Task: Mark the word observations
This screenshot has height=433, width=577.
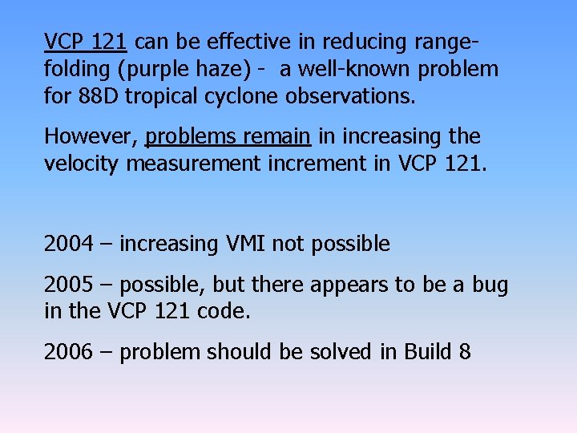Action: point(351,97)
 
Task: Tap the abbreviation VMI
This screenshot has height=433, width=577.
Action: point(240,243)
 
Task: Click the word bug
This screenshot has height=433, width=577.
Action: point(490,284)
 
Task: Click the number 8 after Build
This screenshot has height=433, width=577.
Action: point(464,351)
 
